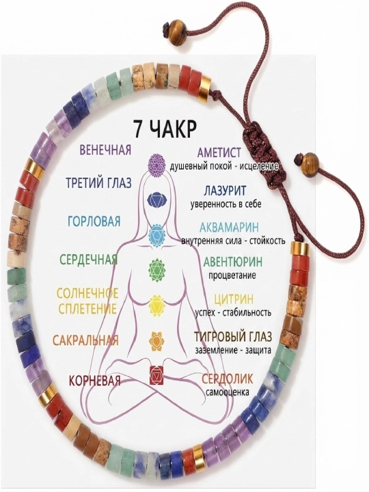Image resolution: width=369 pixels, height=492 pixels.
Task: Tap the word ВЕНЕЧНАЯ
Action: click(x=105, y=150)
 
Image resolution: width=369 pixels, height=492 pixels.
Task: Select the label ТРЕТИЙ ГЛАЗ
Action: click(x=99, y=182)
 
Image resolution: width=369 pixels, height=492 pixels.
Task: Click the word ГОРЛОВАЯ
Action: click(x=94, y=221)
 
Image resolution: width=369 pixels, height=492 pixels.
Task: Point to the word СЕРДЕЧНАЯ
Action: click(x=88, y=260)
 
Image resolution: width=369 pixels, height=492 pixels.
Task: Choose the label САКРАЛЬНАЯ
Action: click(x=85, y=340)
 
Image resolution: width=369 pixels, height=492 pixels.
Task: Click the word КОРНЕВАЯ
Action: click(x=95, y=381)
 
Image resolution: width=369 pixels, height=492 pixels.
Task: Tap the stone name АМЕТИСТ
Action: click(x=219, y=152)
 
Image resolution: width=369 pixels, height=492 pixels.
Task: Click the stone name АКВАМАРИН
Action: click(x=230, y=227)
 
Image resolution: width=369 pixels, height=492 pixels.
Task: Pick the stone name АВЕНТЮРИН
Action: click(x=233, y=261)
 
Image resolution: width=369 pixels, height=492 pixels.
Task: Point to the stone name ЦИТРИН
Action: click(x=234, y=299)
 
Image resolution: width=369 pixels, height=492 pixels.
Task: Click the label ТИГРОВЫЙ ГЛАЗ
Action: click(x=233, y=337)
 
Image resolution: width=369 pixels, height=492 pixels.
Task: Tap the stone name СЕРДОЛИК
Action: click(x=227, y=379)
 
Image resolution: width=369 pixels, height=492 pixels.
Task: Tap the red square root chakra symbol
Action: click(x=156, y=374)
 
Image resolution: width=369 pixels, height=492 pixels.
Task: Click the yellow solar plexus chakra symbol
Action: click(x=156, y=305)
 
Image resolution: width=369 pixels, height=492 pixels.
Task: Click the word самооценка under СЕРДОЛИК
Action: click(x=228, y=392)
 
